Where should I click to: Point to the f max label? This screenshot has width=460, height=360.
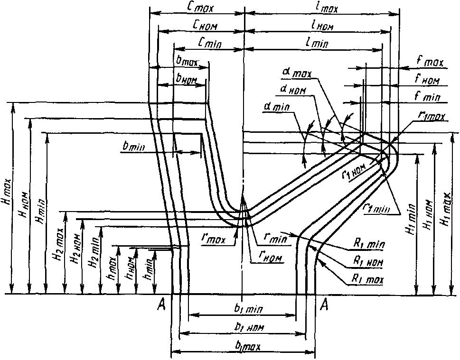(430, 62)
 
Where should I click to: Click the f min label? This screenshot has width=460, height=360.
(427, 97)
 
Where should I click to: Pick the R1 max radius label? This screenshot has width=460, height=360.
(367, 279)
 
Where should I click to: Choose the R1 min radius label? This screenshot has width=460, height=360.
(368, 245)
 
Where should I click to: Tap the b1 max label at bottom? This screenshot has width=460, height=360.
(247, 346)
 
